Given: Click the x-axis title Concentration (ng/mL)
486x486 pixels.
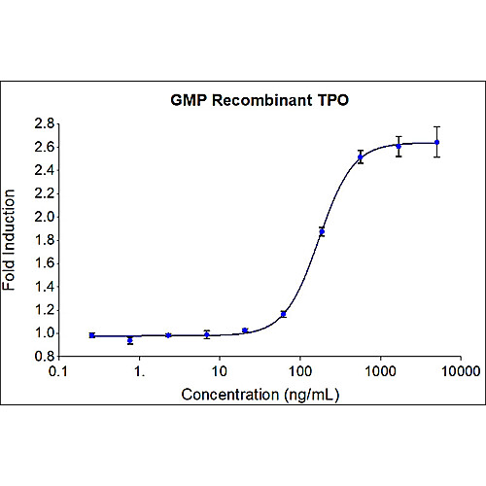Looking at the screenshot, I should (260, 395).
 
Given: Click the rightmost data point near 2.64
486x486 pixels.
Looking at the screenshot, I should (437, 142).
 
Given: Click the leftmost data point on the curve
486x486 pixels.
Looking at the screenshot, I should (91, 335).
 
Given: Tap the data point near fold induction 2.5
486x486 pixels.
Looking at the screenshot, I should (361, 156).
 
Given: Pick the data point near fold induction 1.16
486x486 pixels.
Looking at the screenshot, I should (283, 314).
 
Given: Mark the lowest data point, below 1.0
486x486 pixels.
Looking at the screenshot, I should (130, 340).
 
